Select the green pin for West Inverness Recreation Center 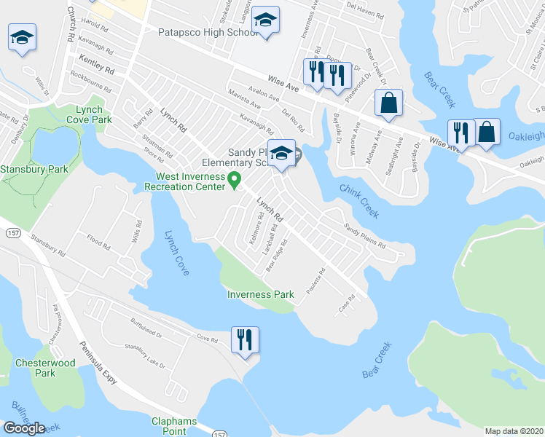pyautogui.click(x=235, y=179)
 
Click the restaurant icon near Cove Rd pyautogui.click(x=245, y=340)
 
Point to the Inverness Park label pyautogui.click(x=260, y=295)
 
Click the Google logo pyautogui.click(x=24, y=428)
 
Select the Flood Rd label pyautogui.click(x=98, y=243)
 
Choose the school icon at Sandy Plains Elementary pyautogui.click(x=281, y=153)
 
